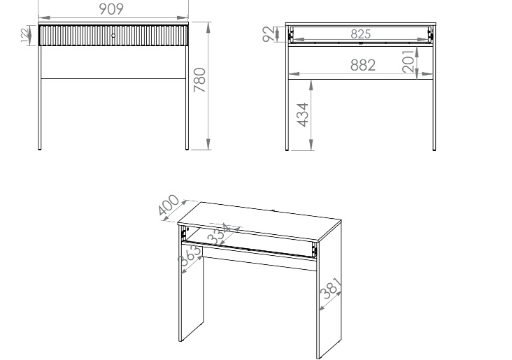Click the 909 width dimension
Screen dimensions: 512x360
click(x=111, y=9)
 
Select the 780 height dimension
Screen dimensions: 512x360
click(x=199, y=80)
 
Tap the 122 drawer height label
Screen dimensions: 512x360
click(x=24, y=35)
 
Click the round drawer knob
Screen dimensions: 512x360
click(x=113, y=35)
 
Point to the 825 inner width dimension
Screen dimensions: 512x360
click(x=361, y=34)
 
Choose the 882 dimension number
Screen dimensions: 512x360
click(x=363, y=65)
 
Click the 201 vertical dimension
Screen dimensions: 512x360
click(x=408, y=61)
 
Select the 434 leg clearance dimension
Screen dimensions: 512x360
click(x=302, y=115)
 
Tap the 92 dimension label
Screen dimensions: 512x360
click(x=269, y=34)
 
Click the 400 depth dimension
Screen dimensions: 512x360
click(x=169, y=205)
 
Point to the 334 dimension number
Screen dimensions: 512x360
click(x=219, y=233)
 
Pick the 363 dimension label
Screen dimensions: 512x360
click(x=190, y=254)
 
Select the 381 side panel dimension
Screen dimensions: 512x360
click(x=331, y=288)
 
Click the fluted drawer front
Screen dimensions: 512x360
click(x=113, y=36)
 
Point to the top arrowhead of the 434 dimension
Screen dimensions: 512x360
click(x=311, y=85)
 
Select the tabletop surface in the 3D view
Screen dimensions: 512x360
click(x=259, y=221)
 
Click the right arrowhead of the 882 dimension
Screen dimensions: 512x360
click(x=427, y=74)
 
